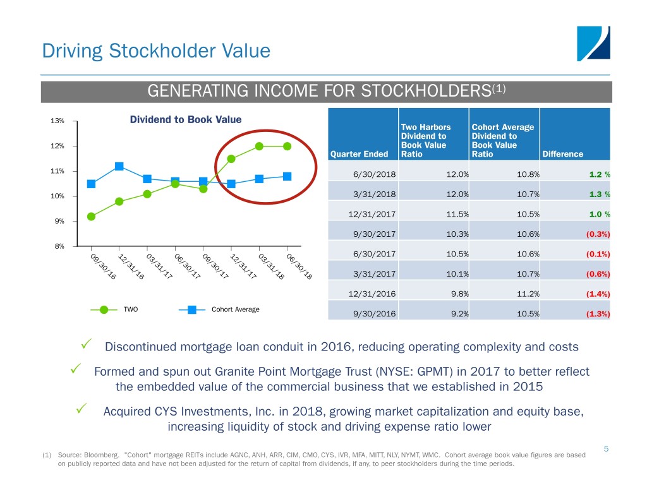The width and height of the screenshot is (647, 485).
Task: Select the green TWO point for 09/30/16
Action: pyautogui.click(x=91, y=217)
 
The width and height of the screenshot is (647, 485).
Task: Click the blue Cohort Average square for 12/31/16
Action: pyautogui.click(x=119, y=166)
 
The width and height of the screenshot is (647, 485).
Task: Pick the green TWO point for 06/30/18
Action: pyautogui.click(x=287, y=146)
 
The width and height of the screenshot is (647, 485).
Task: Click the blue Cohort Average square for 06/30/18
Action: pyautogui.click(x=287, y=176)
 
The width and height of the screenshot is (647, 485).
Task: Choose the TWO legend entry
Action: pyautogui.click(x=130, y=309)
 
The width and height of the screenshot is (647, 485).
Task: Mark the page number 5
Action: pyautogui.click(x=606, y=449)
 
